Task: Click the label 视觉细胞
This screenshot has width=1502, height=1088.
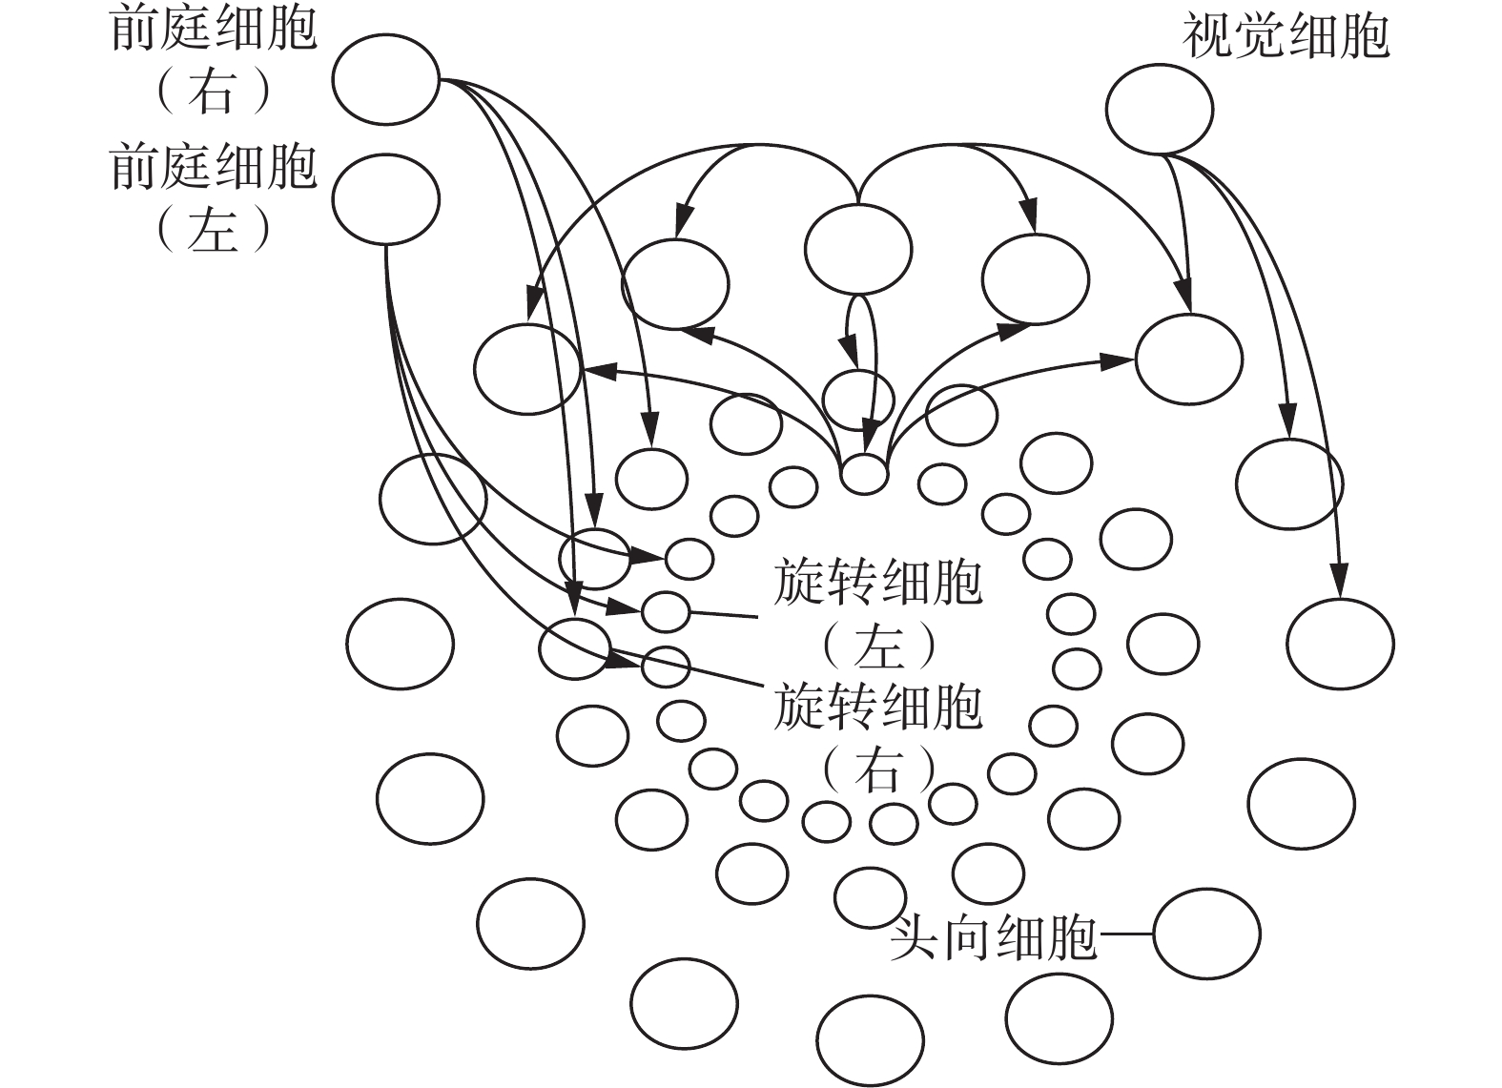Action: tap(1286, 37)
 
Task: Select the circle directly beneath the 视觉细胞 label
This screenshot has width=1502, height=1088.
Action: tap(1160, 109)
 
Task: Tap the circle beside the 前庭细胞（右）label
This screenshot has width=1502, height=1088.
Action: tap(386, 79)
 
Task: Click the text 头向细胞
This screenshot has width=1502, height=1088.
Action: tap(993, 939)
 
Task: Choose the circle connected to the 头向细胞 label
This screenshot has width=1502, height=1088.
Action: tap(1206, 934)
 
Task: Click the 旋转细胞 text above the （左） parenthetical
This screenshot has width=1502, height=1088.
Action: tap(877, 583)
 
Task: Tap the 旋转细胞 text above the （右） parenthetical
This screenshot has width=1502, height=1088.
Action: tap(877, 707)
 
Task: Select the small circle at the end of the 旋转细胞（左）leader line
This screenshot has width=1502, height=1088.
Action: tap(666, 611)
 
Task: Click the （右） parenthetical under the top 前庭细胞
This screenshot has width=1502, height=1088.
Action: tap(214, 93)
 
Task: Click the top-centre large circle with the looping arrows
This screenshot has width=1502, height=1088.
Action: tap(858, 249)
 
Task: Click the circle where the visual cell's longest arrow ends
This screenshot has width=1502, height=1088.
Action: tap(1339, 643)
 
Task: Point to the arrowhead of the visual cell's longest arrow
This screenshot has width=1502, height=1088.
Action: tap(1340, 582)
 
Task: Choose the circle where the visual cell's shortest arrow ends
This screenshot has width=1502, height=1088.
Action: tap(1189, 359)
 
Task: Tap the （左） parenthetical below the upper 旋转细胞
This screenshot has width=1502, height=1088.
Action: tap(877, 647)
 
